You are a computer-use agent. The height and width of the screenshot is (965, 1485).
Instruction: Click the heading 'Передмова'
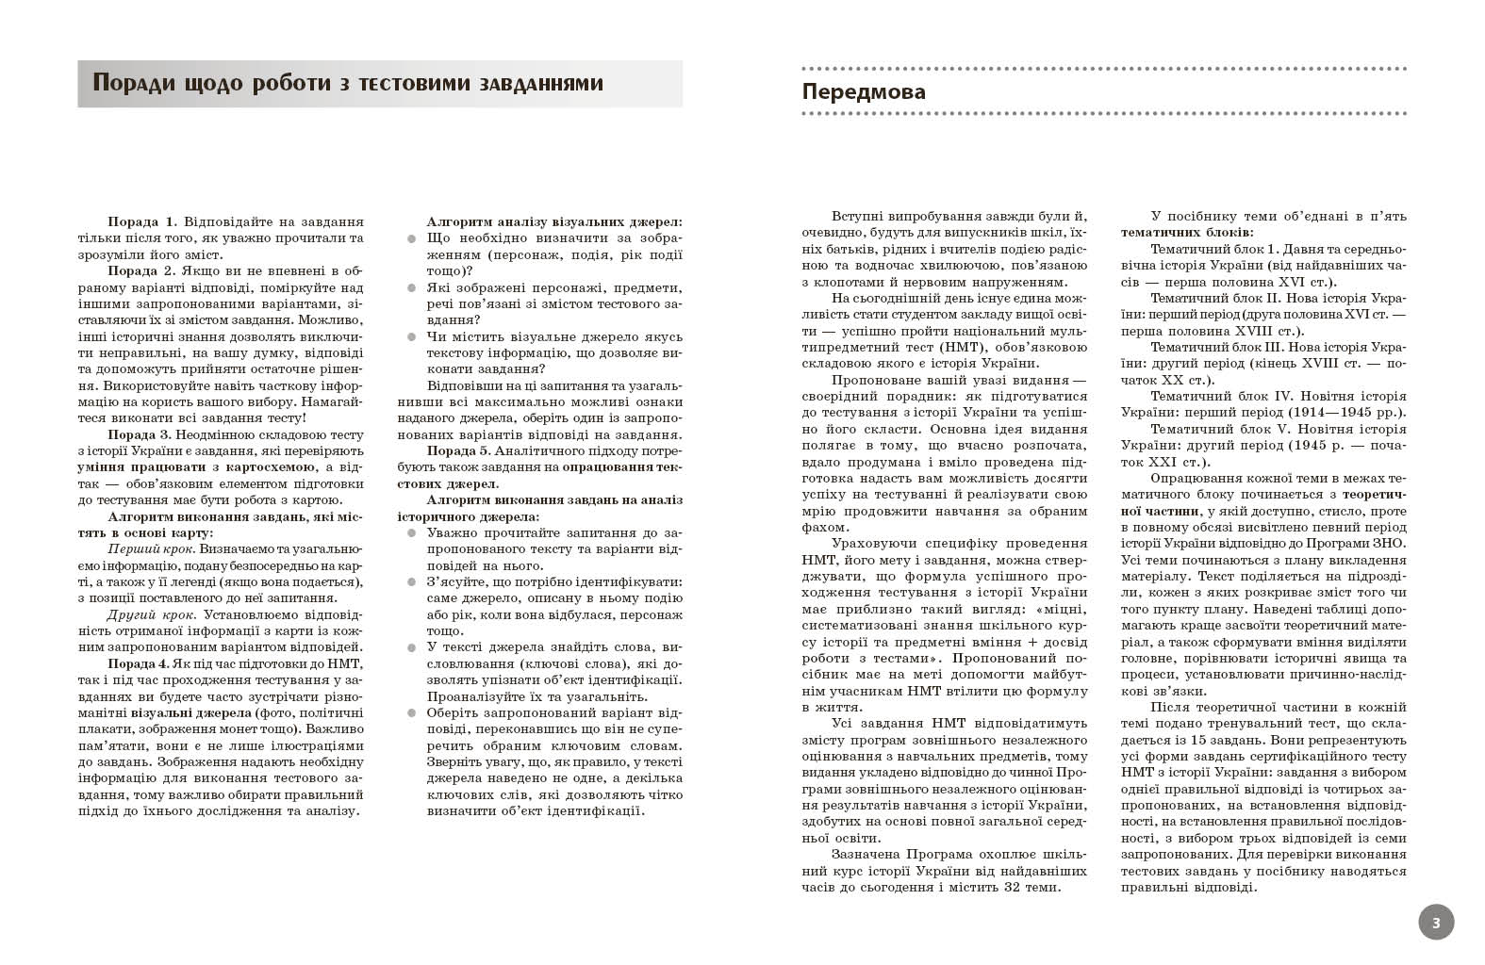point(863,92)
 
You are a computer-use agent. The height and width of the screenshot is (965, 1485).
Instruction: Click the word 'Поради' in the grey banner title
point(131,83)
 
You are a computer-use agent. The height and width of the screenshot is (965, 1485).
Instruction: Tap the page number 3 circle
point(1435,923)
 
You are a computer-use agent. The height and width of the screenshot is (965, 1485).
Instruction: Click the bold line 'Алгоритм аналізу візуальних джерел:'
point(554,221)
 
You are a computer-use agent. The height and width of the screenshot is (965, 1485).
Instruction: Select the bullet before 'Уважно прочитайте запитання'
point(411,533)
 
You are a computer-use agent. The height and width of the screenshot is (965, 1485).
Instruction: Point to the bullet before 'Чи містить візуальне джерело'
point(411,336)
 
